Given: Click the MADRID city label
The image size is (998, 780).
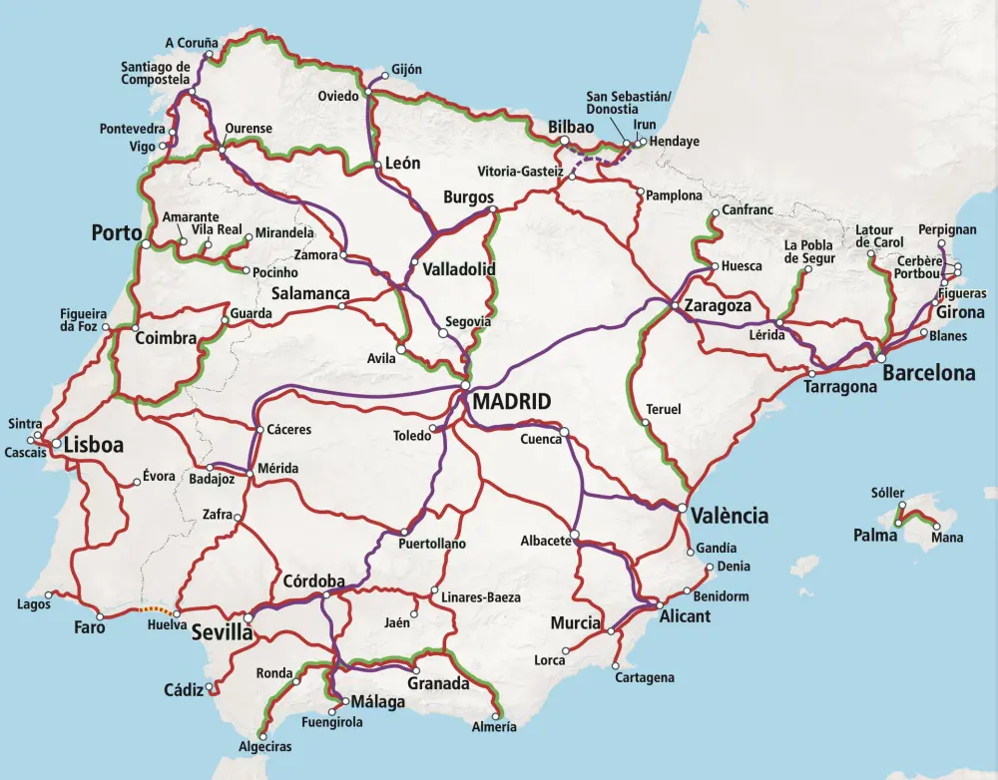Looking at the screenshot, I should point(511,403).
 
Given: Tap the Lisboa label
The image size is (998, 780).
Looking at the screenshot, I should point(94,446).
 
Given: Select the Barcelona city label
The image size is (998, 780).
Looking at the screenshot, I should point(929,374).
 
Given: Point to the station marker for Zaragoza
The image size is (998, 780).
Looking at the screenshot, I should point(676,305).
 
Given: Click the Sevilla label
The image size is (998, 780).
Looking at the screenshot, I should point(222,632).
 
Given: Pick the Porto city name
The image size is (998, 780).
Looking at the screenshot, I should point(116,233).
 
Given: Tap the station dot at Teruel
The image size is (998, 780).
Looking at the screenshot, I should point(646,422).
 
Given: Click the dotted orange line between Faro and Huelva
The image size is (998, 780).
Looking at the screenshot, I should point(153,609).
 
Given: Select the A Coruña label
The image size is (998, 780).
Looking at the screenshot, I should point(192,43).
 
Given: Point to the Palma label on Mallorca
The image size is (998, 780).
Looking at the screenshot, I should point(874,536).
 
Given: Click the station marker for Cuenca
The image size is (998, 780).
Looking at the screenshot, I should point(564,432).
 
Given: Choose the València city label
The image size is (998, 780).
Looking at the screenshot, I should point(730,516).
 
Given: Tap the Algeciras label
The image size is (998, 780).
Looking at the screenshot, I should point(265,746).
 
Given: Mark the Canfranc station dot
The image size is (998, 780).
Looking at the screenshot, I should point(715,212).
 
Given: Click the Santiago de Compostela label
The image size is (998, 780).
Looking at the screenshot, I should point(156,73).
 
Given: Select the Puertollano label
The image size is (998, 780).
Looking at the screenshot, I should point(432,545).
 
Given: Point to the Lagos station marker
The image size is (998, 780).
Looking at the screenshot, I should point(48,594).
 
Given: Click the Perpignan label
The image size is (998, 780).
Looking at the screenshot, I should point(947,229).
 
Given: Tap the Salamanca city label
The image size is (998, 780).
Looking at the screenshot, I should point(310,294).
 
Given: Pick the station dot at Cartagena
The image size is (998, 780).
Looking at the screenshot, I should point(616,665).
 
